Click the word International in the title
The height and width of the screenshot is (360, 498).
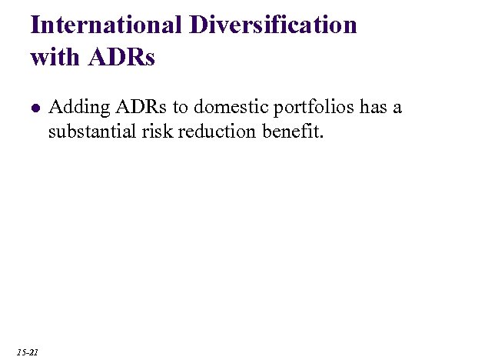click(x=105, y=25)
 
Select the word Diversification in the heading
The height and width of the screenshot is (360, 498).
click(x=271, y=25)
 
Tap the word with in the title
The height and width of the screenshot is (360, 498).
click(x=53, y=58)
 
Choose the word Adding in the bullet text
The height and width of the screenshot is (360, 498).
click(x=72, y=107)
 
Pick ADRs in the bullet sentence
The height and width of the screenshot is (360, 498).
click(x=126, y=107)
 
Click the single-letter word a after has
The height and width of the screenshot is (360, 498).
click(x=397, y=108)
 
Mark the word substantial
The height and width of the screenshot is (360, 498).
click(x=91, y=132)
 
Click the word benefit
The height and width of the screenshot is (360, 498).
click(x=292, y=132)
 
